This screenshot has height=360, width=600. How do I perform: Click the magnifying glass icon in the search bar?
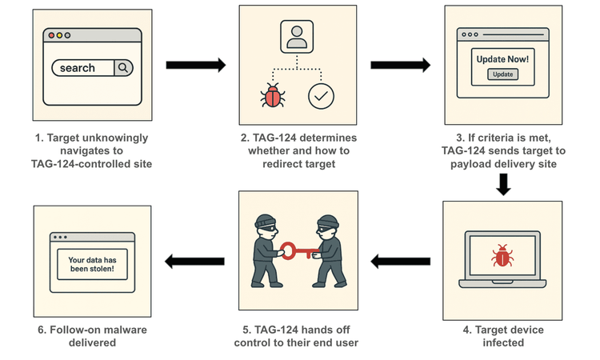[x=122, y=68]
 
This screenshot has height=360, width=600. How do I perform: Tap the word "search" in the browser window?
[x=78, y=68]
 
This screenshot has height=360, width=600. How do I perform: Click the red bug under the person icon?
[x=273, y=97]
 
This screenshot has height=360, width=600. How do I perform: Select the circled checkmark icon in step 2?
[x=322, y=96]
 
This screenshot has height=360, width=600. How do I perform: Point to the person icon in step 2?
[x=297, y=37]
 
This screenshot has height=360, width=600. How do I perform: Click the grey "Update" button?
[x=502, y=74]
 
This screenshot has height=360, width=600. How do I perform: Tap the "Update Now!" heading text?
[x=502, y=59]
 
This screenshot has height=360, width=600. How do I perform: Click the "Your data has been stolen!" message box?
[x=91, y=264]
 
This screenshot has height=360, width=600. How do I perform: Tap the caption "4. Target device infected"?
[x=503, y=336]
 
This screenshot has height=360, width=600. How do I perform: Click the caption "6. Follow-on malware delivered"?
[x=91, y=336]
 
